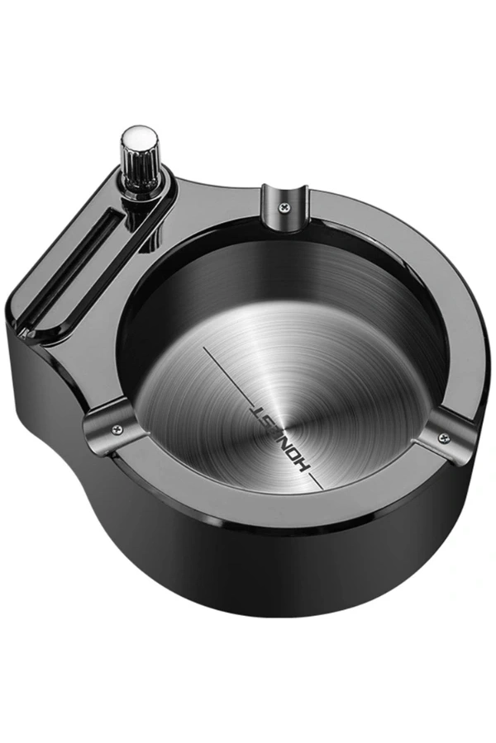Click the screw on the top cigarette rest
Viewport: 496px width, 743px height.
point(284,206)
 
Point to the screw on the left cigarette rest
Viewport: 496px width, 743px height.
point(117,428)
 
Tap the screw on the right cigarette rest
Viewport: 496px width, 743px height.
point(444,437)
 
